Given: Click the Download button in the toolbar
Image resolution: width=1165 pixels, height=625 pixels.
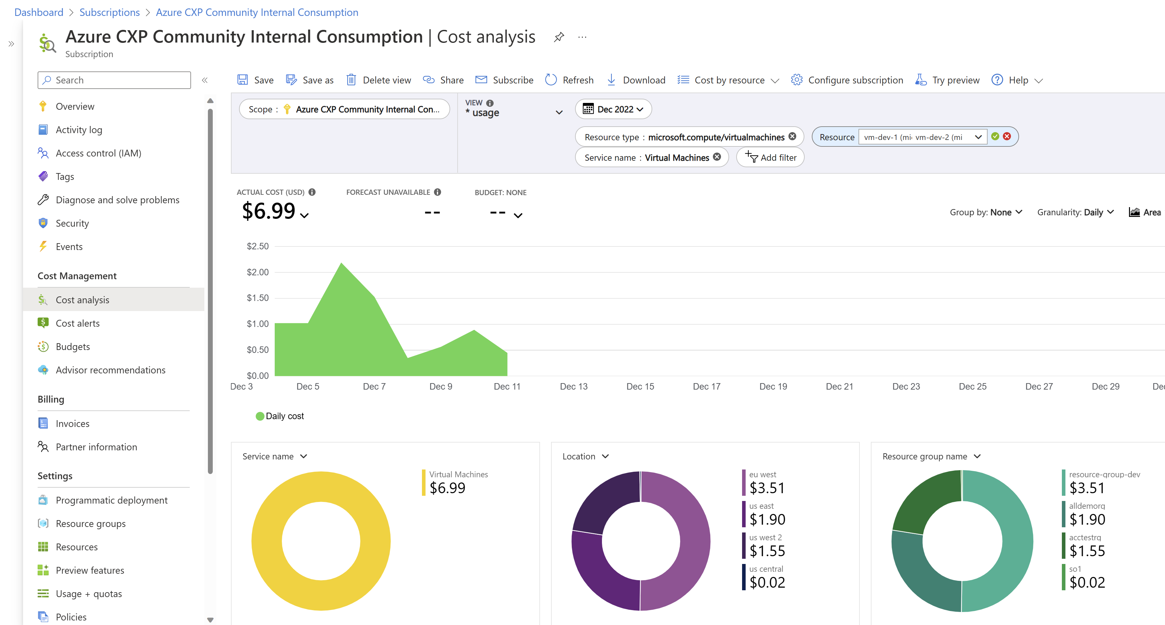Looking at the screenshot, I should [x=636, y=80].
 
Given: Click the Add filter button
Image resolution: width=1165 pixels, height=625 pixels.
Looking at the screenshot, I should [x=770, y=157].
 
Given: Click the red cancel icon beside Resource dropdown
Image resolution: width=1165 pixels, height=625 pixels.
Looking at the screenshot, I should [x=1007, y=136].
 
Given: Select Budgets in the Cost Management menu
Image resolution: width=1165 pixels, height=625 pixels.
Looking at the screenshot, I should [x=72, y=347].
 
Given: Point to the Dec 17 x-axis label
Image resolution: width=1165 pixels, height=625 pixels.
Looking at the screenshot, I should [x=706, y=386].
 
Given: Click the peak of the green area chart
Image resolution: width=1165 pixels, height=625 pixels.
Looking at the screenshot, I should [x=342, y=264].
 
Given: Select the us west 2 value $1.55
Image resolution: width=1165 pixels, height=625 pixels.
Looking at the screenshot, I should [x=767, y=551].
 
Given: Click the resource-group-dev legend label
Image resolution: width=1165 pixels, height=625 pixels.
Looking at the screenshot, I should [x=1104, y=474].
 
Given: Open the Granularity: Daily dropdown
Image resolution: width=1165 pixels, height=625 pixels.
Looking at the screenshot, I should [x=1075, y=212].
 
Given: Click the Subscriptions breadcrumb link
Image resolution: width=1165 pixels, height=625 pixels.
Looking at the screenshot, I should [x=109, y=12].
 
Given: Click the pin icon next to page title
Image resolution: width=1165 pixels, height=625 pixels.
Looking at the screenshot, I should [x=559, y=37].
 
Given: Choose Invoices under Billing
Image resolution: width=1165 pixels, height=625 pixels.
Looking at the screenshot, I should [x=72, y=424].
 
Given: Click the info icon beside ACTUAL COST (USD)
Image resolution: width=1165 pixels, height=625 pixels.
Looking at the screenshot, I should [x=312, y=192].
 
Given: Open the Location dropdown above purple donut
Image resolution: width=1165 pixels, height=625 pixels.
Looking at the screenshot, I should [x=585, y=456].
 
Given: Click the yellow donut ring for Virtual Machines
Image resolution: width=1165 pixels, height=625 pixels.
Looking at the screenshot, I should [x=267, y=541].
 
